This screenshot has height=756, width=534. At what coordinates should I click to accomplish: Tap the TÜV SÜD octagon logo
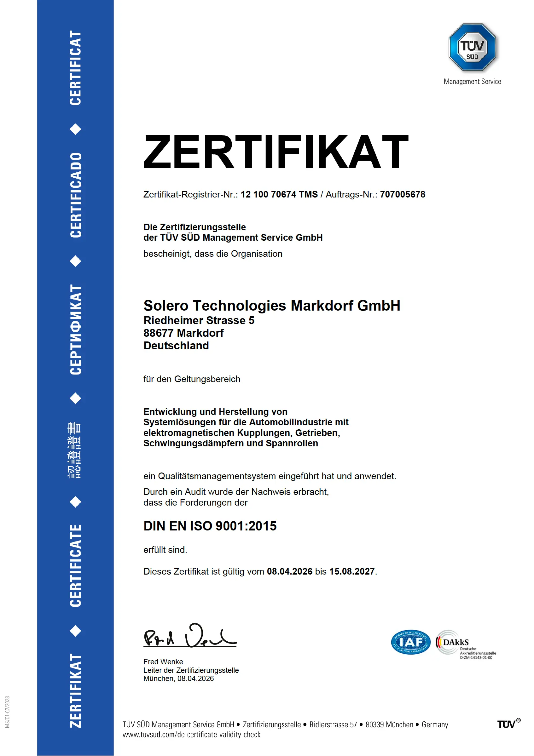click(x=472, y=47)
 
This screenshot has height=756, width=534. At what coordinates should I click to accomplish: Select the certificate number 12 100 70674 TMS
click(x=279, y=194)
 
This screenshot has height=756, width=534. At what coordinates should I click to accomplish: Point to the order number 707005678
click(x=402, y=194)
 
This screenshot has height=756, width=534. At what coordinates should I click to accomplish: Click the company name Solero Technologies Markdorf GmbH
click(x=272, y=306)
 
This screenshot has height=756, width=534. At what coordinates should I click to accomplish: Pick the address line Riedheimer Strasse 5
click(x=199, y=320)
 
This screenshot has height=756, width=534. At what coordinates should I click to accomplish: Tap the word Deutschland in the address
click(x=176, y=346)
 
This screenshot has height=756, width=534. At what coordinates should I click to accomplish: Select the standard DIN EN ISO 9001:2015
click(x=210, y=526)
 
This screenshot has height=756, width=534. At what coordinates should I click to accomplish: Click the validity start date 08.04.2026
click(x=289, y=571)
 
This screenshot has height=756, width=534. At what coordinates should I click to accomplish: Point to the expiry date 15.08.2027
click(x=352, y=571)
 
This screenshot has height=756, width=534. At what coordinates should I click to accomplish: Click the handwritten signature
click(x=190, y=636)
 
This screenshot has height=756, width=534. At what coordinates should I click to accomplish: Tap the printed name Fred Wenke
click(x=163, y=661)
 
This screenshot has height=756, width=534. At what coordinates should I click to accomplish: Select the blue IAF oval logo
click(x=410, y=642)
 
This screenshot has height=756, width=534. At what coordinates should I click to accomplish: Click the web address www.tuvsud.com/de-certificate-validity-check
click(x=191, y=734)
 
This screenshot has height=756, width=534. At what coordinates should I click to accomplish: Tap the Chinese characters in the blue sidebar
click(x=75, y=450)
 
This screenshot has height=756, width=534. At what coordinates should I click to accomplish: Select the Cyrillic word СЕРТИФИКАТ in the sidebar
click(x=76, y=329)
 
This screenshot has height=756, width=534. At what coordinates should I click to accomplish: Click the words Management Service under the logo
click(x=472, y=81)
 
